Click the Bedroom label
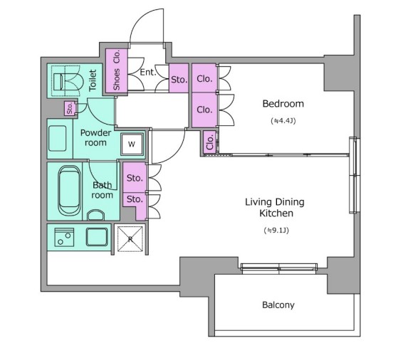point(283,104)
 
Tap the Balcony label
point(278,305)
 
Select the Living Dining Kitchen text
point(275,208)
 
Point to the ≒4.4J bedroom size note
point(283,121)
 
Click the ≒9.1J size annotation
point(276,231)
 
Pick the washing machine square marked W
point(132,144)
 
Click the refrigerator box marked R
point(130,239)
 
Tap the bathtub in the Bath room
point(69,190)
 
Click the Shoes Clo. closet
point(117,70)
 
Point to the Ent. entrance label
point(148,73)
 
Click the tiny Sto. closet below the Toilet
point(70,108)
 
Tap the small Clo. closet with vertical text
point(210,142)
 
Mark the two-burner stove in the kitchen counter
point(64,237)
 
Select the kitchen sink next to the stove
point(97,237)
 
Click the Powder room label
point(95,137)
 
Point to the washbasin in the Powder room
point(57,138)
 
